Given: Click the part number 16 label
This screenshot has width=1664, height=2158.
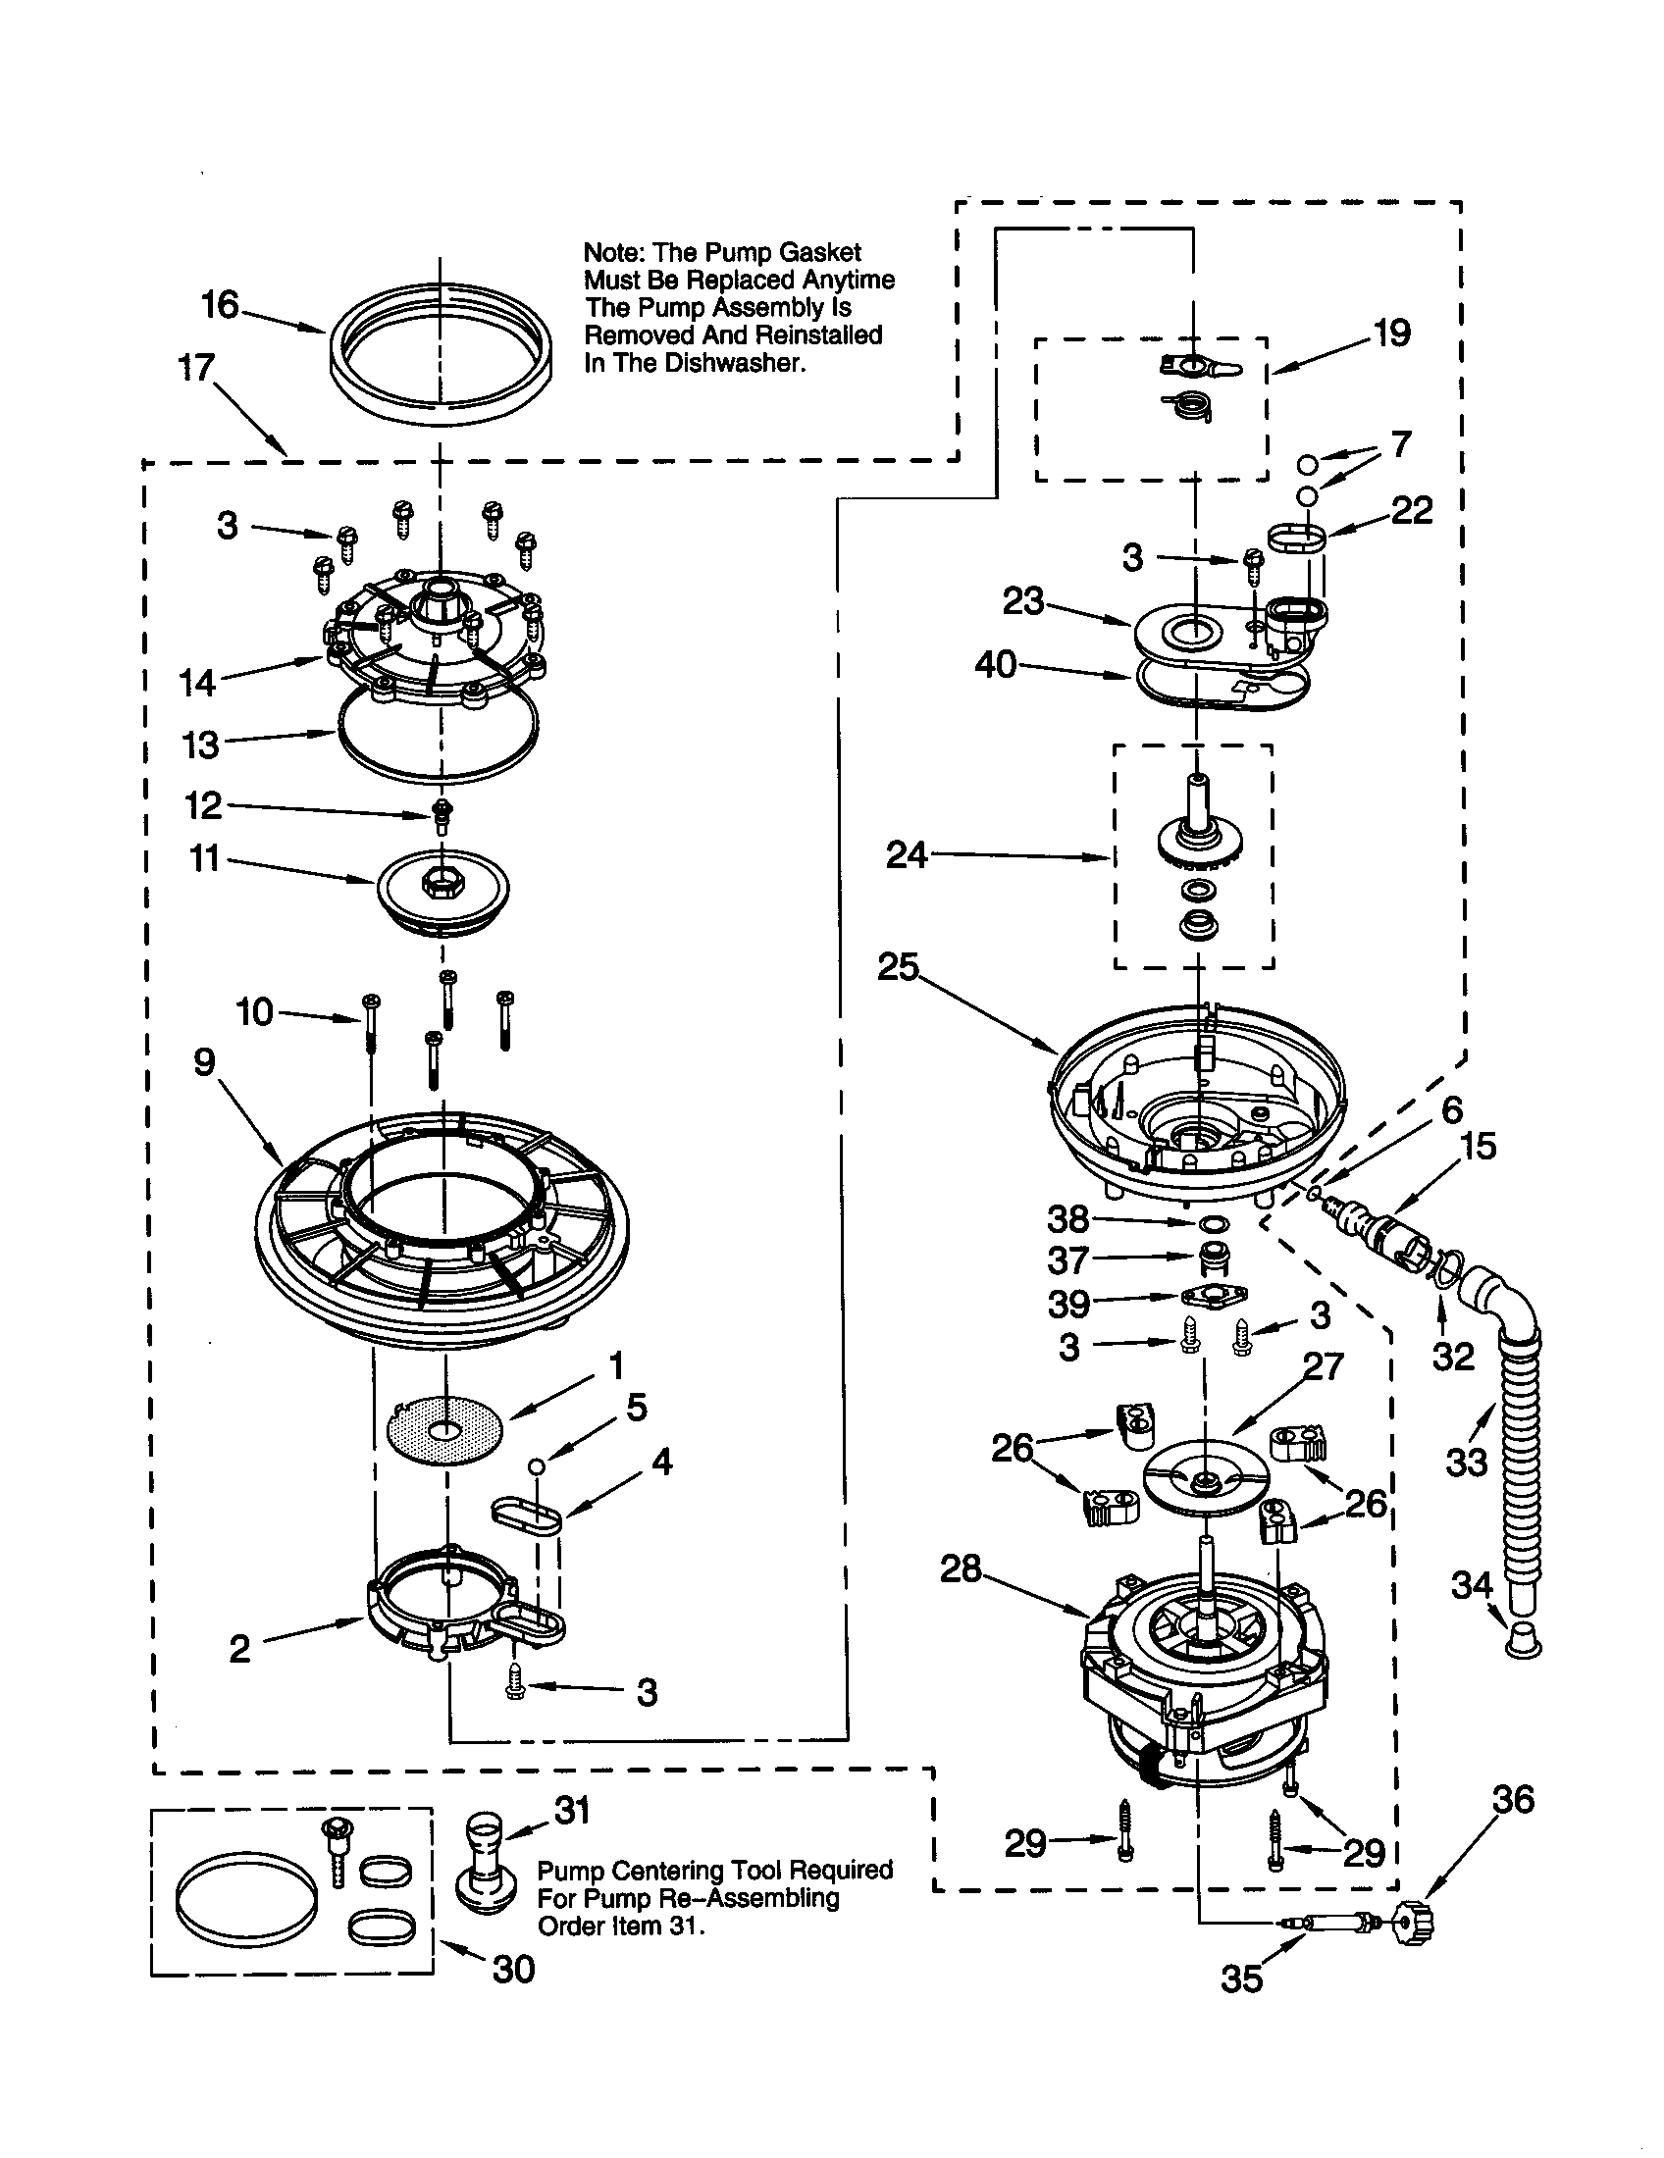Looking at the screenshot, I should coord(221,305).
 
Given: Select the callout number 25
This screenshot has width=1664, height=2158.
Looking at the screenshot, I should coord(898,967).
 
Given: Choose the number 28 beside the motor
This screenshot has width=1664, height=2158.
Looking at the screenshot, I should coord(961,1568).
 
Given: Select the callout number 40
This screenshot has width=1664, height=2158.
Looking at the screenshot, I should coord(995,665).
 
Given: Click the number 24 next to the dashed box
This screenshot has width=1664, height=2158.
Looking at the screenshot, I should coord(908,854).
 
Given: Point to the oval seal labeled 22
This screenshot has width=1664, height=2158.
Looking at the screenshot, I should coord(1296,539).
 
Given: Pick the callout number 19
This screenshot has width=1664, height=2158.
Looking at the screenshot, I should coord(1392,333).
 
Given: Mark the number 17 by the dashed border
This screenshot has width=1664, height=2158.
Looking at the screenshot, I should coord(196,369).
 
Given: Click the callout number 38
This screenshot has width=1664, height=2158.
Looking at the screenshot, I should coord(1068,1219).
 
